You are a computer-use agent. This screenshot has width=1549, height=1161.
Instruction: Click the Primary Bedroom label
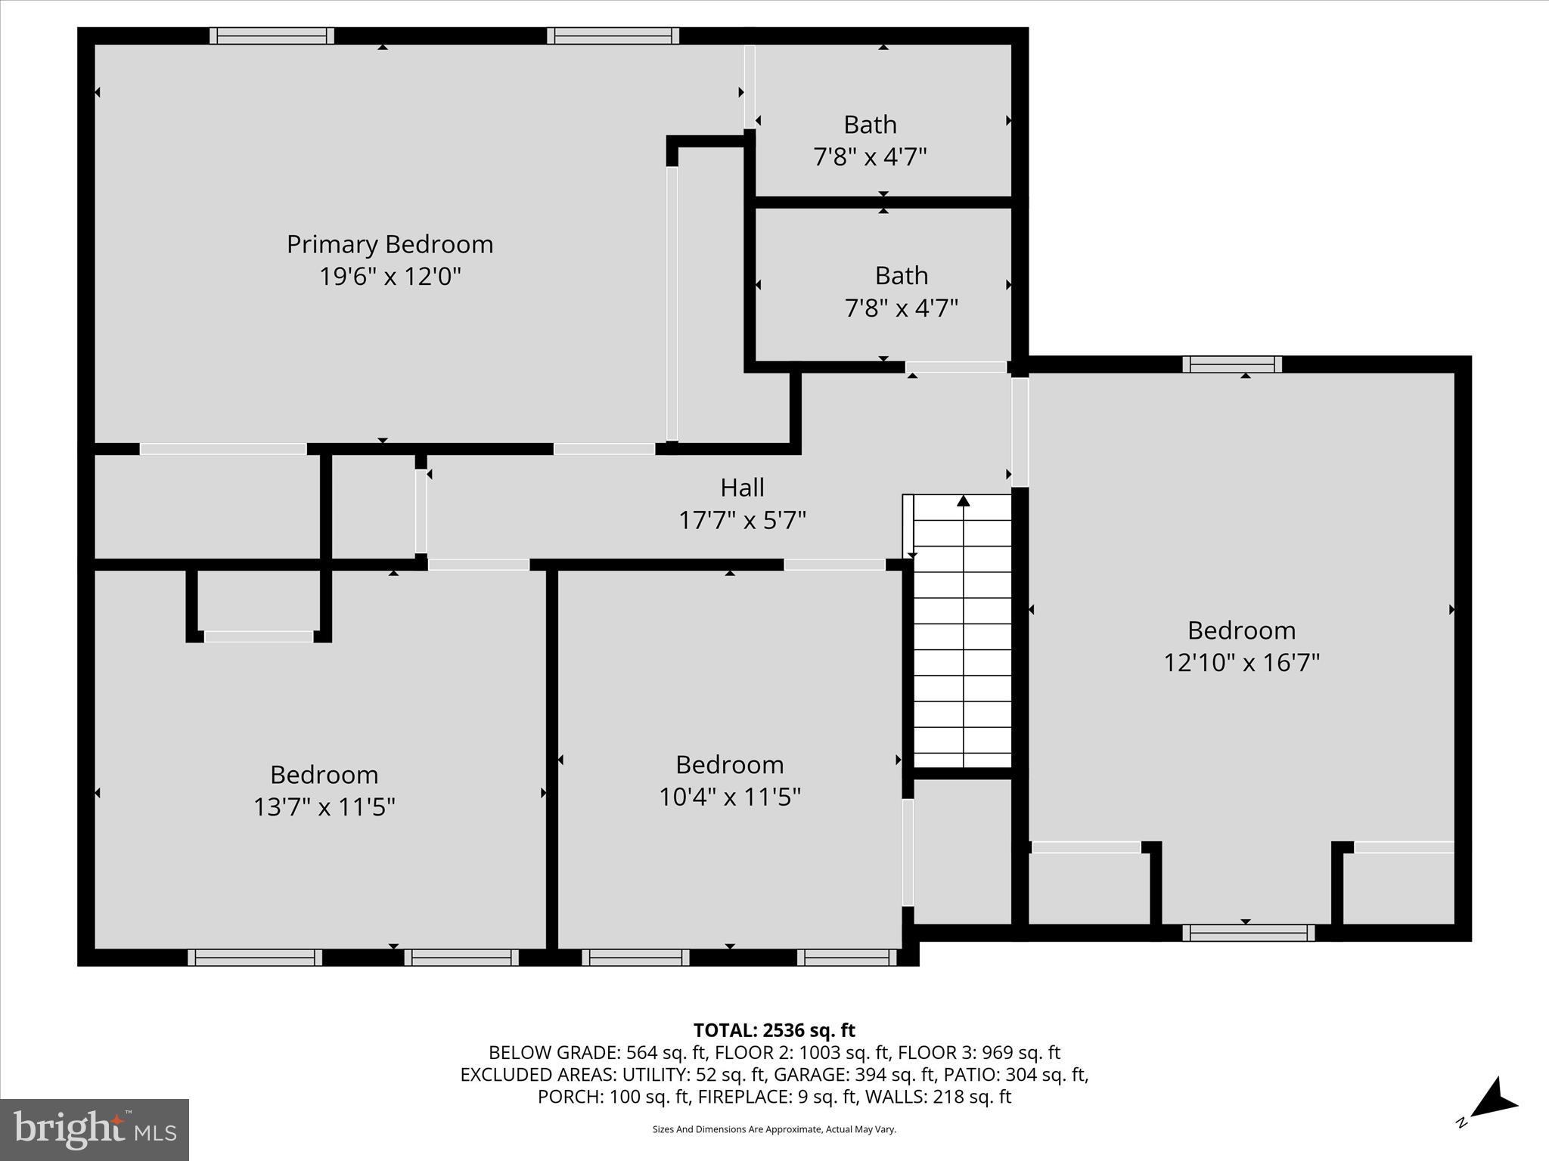(390, 244)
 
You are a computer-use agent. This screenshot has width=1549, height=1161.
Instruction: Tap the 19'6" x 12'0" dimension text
(390, 277)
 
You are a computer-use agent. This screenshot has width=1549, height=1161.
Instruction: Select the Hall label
(742, 488)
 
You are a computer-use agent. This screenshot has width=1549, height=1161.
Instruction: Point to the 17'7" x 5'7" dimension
(742, 521)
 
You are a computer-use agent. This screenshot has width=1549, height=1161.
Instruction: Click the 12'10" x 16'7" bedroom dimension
(1241, 663)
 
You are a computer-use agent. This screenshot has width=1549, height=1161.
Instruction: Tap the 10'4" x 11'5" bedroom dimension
(729, 797)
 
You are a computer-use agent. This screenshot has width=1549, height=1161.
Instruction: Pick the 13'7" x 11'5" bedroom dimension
(324, 807)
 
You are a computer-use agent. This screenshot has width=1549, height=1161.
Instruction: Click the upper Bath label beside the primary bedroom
(870, 125)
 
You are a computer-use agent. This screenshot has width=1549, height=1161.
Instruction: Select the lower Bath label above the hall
(901, 276)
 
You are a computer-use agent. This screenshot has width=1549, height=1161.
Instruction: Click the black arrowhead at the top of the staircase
(963, 500)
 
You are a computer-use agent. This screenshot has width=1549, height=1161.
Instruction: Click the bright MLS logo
(95, 1129)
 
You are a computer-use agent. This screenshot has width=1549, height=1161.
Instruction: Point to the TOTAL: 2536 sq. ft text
(774, 1030)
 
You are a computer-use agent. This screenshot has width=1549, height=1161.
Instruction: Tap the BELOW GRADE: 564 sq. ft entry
(597, 1052)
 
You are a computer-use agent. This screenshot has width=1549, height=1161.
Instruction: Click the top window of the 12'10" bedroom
(1232, 364)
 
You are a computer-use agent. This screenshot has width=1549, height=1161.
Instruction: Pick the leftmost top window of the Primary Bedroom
(272, 36)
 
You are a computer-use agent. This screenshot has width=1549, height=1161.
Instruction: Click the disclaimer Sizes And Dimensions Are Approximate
(774, 1129)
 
